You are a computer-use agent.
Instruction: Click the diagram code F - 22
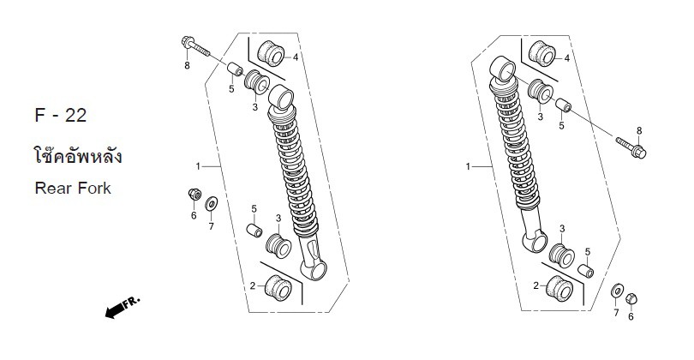point(60,116)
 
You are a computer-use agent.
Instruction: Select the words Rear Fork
point(72,189)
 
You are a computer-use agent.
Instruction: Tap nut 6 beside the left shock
point(194,195)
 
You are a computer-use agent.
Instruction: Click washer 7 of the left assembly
point(212,202)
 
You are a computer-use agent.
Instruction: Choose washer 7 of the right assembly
point(616,290)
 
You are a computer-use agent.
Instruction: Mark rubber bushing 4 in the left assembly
point(272,53)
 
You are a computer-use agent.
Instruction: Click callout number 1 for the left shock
point(198,165)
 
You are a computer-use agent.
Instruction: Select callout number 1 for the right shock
point(468,166)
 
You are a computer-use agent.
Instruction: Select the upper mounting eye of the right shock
point(502,69)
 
